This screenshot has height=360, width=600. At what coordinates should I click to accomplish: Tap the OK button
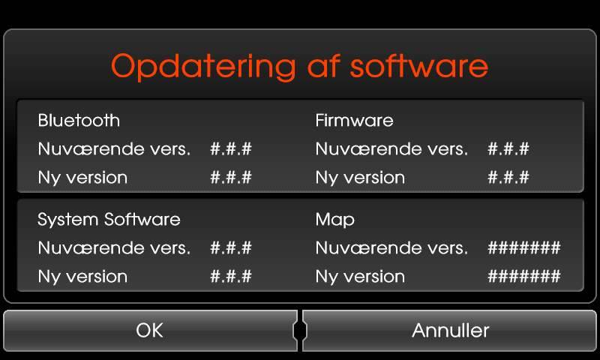(150, 331)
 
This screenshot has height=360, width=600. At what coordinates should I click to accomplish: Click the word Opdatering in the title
(203, 67)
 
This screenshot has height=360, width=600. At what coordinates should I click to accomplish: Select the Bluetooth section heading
(79, 121)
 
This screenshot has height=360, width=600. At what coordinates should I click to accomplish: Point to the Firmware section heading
(354, 121)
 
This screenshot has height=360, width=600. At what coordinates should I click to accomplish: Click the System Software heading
(109, 220)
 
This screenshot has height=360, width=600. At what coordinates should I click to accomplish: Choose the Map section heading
(335, 220)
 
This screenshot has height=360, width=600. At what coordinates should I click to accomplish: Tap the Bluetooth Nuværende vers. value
(231, 148)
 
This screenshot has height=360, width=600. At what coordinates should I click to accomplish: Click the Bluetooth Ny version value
(231, 177)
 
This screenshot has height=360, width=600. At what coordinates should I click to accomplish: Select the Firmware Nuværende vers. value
(508, 148)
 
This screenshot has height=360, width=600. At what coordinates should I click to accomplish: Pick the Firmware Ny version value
(508, 177)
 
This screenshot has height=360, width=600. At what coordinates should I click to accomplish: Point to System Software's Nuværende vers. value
(231, 248)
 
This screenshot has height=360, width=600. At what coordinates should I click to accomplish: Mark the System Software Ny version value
(231, 276)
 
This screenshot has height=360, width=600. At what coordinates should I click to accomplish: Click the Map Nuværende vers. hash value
(524, 248)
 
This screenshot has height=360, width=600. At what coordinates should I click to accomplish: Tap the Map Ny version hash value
(524, 276)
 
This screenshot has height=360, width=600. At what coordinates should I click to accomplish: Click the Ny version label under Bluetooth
(82, 178)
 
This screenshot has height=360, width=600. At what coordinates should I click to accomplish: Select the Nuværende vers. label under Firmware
(391, 148)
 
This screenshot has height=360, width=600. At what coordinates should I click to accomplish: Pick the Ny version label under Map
(360, 277)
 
